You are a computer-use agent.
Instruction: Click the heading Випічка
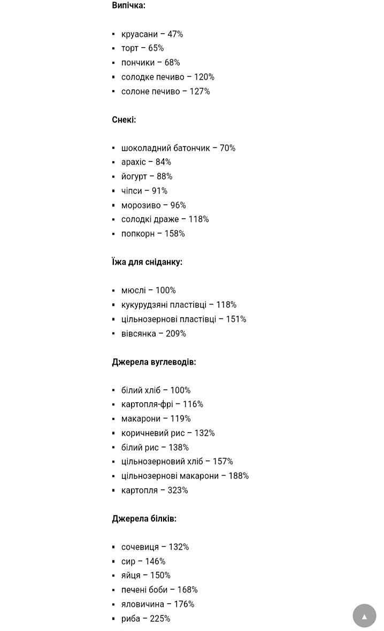point(128,5)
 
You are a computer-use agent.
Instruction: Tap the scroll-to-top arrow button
point(364,616)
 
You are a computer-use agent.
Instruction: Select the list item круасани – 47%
point(152,34)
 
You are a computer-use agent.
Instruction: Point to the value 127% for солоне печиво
point(199,91)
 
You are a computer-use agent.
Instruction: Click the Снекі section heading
point(124,119)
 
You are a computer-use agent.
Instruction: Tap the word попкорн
point(138,234)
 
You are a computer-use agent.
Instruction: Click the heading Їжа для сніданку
point(147,262)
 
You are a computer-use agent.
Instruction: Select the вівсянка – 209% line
point(153,334)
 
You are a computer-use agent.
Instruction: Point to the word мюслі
point(133,290)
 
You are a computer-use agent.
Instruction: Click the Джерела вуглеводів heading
point(154,362)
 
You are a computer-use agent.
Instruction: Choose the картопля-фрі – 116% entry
point(162,404)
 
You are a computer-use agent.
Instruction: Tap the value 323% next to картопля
point(178,490)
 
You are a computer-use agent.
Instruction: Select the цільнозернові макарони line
point(185,476)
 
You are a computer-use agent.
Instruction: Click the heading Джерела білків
point(144,519)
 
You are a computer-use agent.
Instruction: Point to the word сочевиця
point(140,547)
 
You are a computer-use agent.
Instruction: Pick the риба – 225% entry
point(145,619)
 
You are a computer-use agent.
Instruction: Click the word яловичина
point(143,604)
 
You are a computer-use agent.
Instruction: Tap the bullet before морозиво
point(113,205)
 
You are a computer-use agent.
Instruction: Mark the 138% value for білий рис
point(179,448)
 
